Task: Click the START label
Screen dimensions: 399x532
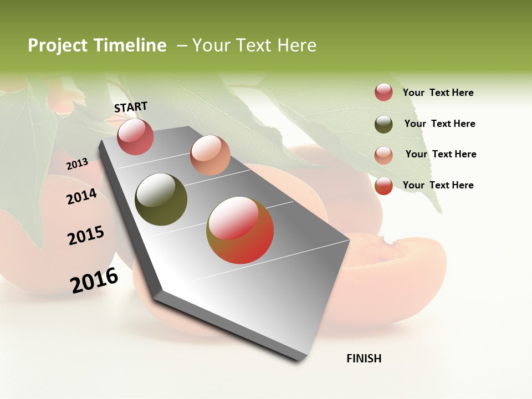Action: tap(131, 107)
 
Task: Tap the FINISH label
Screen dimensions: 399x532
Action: tap(364, 359)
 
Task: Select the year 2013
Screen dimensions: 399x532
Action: tap(77, 164)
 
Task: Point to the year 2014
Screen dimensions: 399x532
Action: tap(81, 196)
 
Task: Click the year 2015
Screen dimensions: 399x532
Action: tap(85, 236)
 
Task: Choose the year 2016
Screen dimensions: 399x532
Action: tap(94, 280)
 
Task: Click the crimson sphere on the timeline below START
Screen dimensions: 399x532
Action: tap(136, 136)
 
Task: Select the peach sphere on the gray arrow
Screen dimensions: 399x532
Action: tap(210, 155)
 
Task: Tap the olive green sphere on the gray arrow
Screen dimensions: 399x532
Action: tap(161, 199)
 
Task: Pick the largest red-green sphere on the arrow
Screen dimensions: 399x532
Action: tap(240, 230)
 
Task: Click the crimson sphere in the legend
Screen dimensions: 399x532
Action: tap(383, 93)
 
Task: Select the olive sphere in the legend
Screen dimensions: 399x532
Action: tap(383, 124)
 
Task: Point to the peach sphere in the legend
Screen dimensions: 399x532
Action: tap(383, 155)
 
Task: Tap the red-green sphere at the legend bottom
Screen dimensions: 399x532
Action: tap(383, 186)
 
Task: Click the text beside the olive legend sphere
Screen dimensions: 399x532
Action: tap(439, 124)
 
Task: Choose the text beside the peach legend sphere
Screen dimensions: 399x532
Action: tap(441, 154)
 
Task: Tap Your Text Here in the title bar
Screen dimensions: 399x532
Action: tap(254, 45)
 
